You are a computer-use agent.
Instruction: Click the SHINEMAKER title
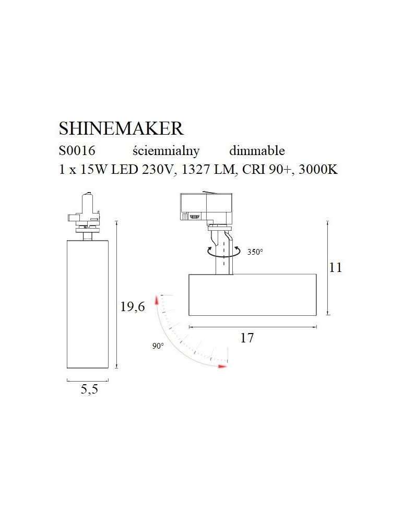click(x=121, y=128)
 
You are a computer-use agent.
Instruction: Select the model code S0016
click(x=77, y=151)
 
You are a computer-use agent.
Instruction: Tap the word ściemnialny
click(x=166, y=151)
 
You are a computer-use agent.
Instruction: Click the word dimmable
click(x=257, y=151)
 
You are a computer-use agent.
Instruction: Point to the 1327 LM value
click(x=209, y=170)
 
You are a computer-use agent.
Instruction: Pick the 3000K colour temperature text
click(x=318, y=170)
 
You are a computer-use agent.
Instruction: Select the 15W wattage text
click(x=94, y=170)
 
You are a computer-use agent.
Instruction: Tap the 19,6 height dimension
click(x=133, y=306)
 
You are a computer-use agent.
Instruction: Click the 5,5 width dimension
click(x=89, y=389)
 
